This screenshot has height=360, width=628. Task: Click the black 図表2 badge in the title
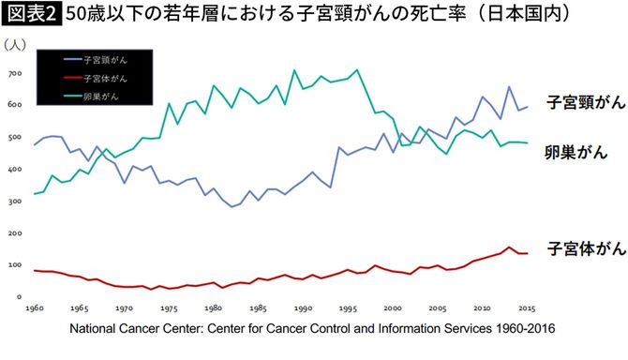coord(31,16)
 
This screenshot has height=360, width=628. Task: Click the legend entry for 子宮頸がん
coord(104,58)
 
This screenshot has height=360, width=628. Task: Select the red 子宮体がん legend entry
coord(104,77)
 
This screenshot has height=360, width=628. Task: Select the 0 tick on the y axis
coord(19,297)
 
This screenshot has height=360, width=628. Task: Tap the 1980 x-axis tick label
coord(215,308)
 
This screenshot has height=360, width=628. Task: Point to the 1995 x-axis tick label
coord(348,308)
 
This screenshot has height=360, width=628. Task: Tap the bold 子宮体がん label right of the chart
coord(583,247)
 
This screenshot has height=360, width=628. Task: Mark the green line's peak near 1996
coord(357,69)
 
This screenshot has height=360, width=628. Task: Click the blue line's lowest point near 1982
coord(232,206)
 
